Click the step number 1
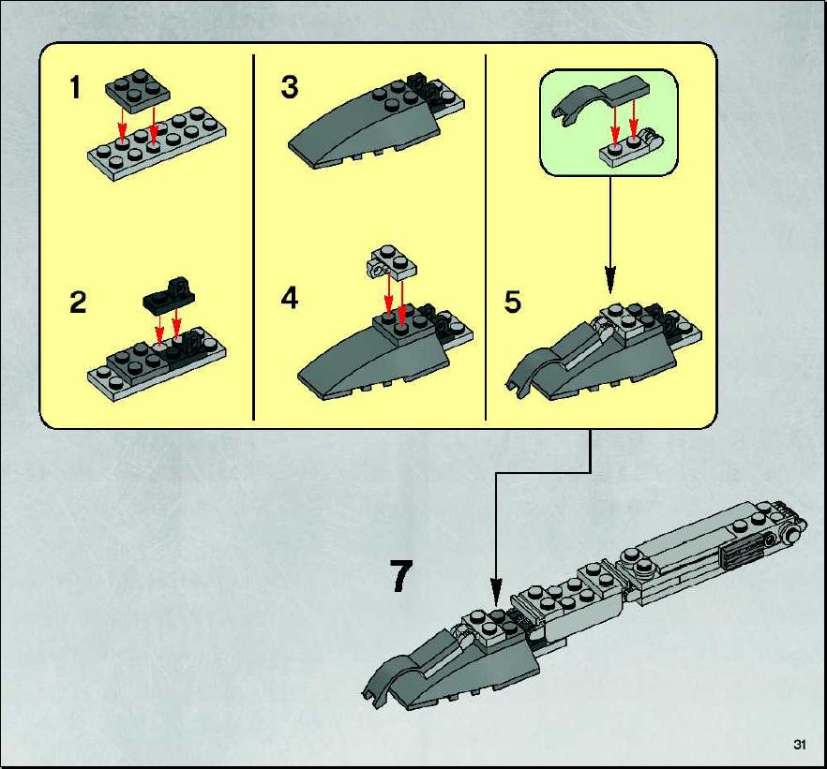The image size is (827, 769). tap(75, 87)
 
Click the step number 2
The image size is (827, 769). tap(78, 303)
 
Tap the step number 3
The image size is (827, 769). tap(289, 87)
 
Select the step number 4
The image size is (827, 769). tap(290, 298)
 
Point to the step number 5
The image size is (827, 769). tap(513, 302)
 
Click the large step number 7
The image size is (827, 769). tap(401, 576)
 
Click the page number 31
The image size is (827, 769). tap(800, 745)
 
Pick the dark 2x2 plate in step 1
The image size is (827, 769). tap(138, 91)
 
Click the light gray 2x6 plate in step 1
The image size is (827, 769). tap(158, 144)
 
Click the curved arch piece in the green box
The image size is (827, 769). tap(601, 99)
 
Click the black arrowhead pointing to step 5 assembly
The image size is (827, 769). tap(610, 279)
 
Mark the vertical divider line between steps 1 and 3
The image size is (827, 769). tap(254, 237)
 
